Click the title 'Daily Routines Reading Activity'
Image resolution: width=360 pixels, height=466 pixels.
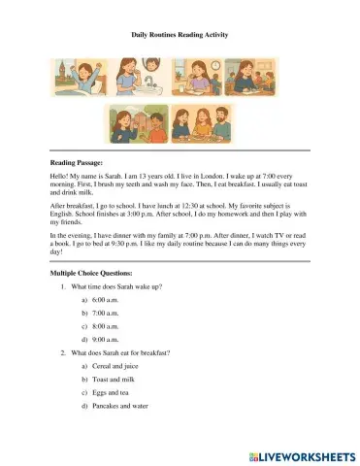tap(180, 34)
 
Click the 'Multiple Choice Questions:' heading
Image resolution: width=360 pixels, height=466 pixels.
tap(96, 275)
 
